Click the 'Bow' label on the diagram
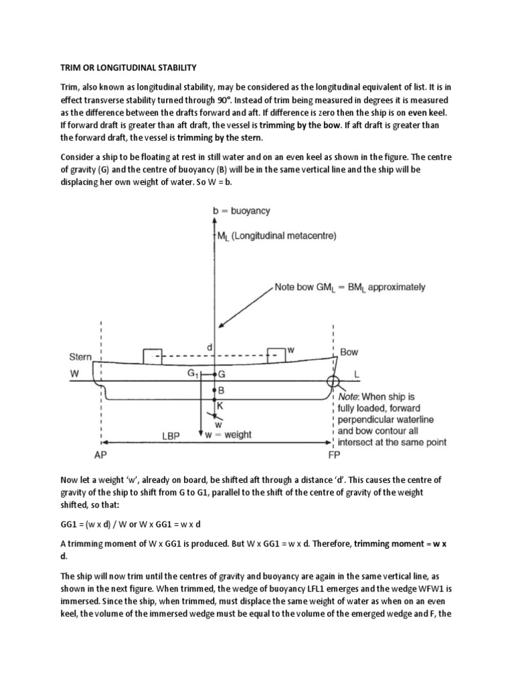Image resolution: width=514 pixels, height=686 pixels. point(349,351)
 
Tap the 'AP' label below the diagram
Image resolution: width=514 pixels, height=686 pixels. point(101,452)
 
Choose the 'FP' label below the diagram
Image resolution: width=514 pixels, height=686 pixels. point(333,452)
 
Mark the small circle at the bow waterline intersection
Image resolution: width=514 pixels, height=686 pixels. point(333,381)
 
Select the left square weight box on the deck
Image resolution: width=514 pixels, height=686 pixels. point(153,356)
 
